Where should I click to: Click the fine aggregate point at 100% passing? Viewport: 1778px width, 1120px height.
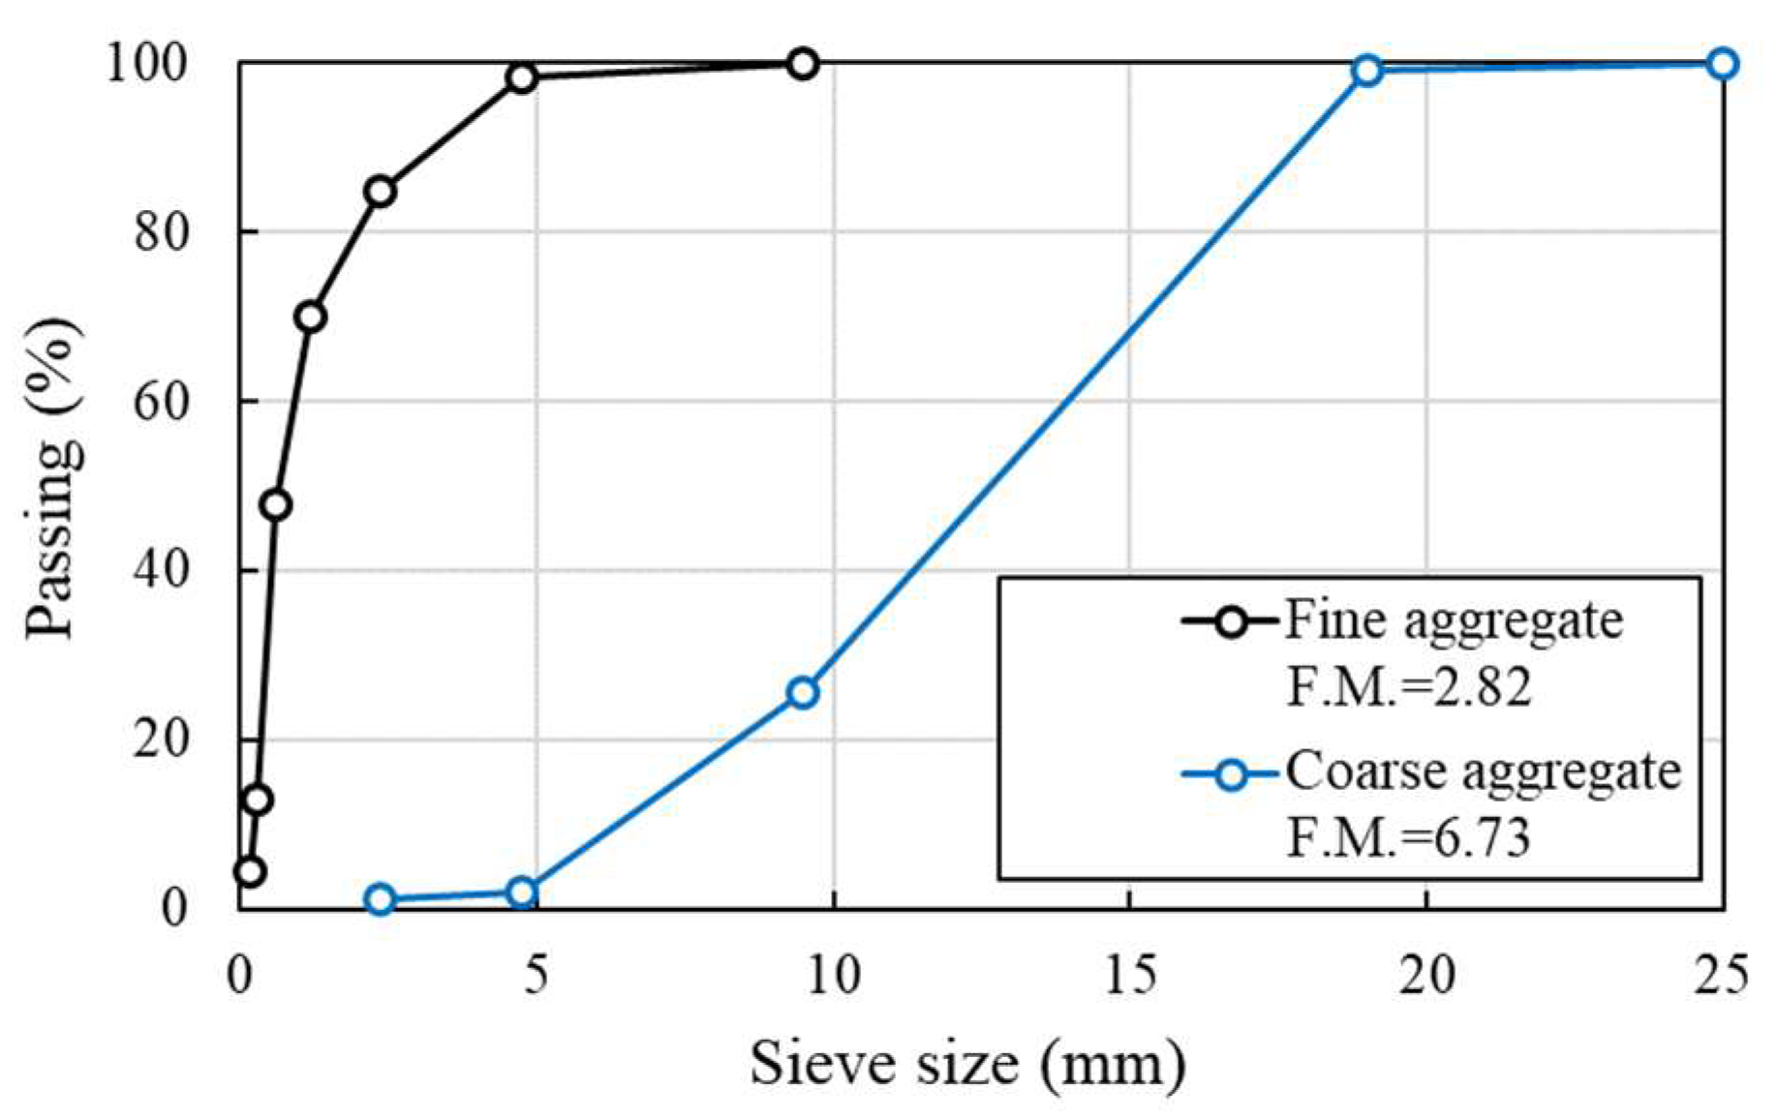(x=802, y=64)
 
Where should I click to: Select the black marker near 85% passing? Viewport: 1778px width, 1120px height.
(x=381, y=192)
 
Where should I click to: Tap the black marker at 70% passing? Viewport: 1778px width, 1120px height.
(x=310, y=317)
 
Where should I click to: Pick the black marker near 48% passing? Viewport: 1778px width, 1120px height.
(x=276, y=504)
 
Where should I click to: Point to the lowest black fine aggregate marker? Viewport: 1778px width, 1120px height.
(x=250, y=871)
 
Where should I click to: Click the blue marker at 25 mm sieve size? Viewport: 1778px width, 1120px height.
(x=1722, y=64)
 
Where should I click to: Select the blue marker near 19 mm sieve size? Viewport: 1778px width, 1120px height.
(x=1366, y=70)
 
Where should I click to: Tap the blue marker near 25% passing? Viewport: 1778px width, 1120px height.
(x=802, y=692)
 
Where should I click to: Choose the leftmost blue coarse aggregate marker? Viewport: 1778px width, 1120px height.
(x=381, y=899)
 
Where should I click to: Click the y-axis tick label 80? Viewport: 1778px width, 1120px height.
(x=161, y=232)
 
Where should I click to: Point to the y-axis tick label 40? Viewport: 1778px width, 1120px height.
(x=161, y=571)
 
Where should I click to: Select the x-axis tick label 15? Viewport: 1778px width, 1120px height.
(x=1129, y=975)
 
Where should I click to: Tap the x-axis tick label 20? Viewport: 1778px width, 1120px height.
(x=1426, y=975)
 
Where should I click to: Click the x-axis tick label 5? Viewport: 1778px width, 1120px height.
(x=536, y=975)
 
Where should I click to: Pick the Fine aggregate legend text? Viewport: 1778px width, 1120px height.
(x=1454, y=620)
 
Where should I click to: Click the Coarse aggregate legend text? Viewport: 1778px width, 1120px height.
(x=1483, y=772)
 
